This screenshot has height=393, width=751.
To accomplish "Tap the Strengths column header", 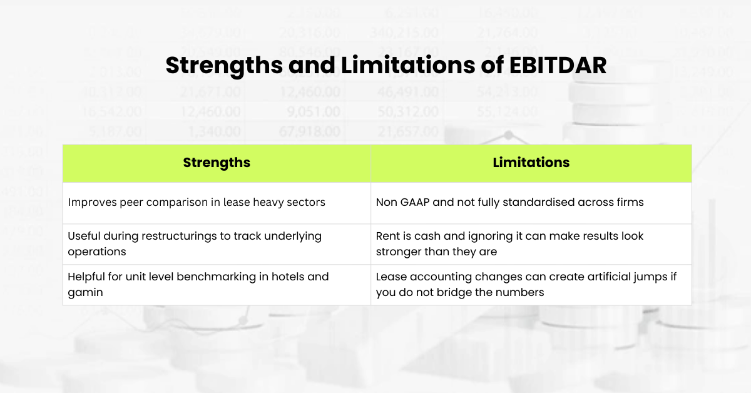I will click(217, 163).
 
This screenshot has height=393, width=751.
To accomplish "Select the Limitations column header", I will click(531, 163).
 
